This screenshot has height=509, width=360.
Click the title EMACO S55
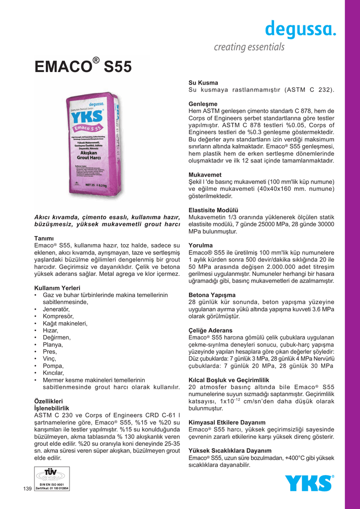pyautogui.click(x=83, y=66)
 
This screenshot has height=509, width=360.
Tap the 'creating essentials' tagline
pyautogui.click(x=249, y=47)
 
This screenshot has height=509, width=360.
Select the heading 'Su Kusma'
pyautogui.click(x=203, y=82)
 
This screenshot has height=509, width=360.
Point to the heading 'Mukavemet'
pyautogui.click(x=205, y=175)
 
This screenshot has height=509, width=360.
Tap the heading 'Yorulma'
pyautogui.click(x=200, y=245)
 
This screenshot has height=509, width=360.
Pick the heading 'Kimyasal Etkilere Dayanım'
pyautogui.click(x=227, y=422)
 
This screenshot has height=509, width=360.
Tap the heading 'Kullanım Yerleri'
pyautogui.click(x=57, y=288)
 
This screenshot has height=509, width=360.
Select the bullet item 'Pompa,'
pyautogui.click(x=53, y=365)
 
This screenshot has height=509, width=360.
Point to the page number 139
pyautogui.click(x=28, y=490)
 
